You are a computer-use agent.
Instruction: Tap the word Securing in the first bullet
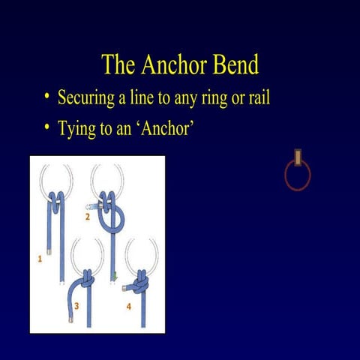88,98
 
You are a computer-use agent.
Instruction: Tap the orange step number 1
40,259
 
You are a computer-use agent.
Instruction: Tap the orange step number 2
87,217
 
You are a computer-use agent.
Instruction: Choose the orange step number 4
128,305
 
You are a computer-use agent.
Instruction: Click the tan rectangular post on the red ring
298,157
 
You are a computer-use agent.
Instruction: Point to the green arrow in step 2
115,278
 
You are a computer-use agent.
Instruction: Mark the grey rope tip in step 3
70,319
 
